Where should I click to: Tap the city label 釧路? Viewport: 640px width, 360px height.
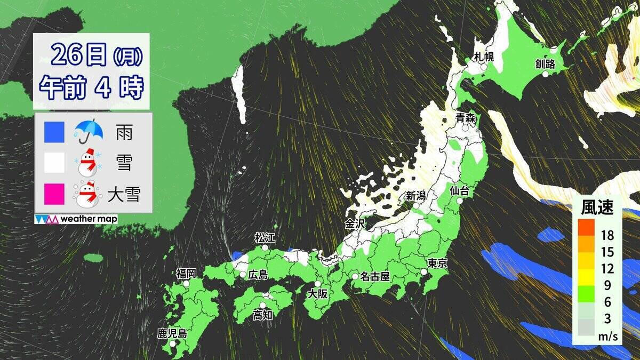point(545,65)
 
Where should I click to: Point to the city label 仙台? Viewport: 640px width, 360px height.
point(459,190)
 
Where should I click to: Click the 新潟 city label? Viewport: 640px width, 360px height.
point(415,196)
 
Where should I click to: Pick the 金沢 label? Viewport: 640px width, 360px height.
point(354,224)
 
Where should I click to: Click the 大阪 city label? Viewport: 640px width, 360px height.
point(319,294)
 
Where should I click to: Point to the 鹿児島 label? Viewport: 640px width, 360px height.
point(172,334)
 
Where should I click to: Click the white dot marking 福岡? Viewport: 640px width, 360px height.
point(187,284)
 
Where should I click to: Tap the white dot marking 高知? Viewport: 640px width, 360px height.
point(262,305)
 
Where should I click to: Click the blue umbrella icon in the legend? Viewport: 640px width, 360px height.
point(89,131)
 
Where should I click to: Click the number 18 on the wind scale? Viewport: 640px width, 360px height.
point(607,235)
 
